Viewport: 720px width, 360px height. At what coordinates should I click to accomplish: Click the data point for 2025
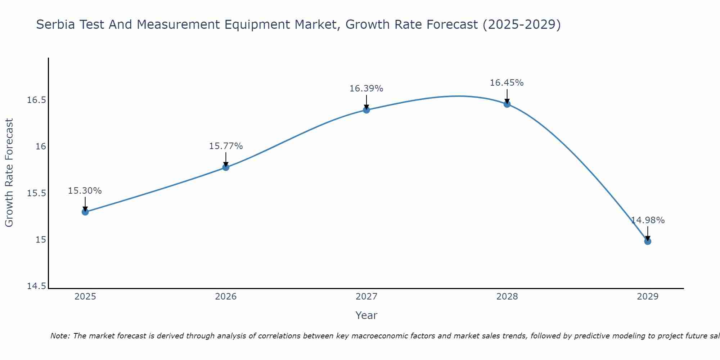click(85, 212)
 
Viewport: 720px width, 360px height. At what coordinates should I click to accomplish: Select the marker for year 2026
click(226, 167)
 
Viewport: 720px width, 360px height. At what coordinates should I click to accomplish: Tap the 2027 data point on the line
click(366, 110)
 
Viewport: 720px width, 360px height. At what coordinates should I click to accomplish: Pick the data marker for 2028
click(507, 104)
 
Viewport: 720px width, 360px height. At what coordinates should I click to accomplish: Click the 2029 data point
click(648, 241)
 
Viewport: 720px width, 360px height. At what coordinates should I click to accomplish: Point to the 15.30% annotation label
click(85, 191)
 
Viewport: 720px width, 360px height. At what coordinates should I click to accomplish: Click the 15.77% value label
click(226, 146)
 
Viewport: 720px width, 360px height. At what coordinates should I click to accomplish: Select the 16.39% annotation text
click(366, 89)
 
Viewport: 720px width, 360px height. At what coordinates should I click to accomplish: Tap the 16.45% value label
click(507, 83)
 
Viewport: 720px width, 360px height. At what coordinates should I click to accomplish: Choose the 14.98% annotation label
click(648, 220)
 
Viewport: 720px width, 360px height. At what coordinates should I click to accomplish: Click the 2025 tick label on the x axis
click(85, 297)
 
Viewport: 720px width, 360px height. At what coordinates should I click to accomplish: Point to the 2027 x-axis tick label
click(366, 297)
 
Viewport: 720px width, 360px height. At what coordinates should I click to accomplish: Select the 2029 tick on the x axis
click(648, 297)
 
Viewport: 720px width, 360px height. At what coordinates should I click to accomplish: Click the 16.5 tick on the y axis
click(37, 100)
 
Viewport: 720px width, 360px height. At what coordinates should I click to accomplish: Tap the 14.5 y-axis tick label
click(37, 286)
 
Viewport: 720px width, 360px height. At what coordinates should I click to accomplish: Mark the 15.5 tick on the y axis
click(37, 193)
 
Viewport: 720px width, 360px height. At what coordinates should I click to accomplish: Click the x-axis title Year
click(366, 315)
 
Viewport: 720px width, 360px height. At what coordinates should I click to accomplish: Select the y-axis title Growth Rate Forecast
click(9, 173)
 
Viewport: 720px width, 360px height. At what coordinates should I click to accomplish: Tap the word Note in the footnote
click(60, 336)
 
